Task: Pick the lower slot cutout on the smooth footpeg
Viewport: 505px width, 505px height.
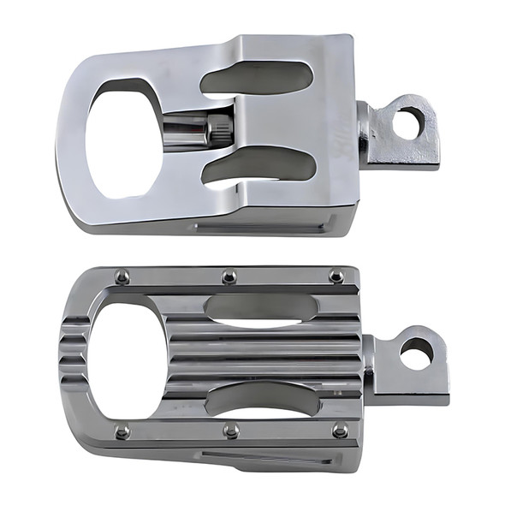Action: [257, 166]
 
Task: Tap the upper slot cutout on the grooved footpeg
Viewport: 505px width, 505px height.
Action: [261, 309]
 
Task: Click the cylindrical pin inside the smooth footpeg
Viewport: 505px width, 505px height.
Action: [193, 131]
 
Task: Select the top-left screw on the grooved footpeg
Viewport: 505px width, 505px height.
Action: [122, 276]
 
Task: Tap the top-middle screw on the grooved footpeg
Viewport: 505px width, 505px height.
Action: [229, 276]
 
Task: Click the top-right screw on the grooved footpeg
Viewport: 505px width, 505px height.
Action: [336, 276]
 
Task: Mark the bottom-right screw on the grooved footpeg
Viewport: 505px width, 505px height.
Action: [340, 430]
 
